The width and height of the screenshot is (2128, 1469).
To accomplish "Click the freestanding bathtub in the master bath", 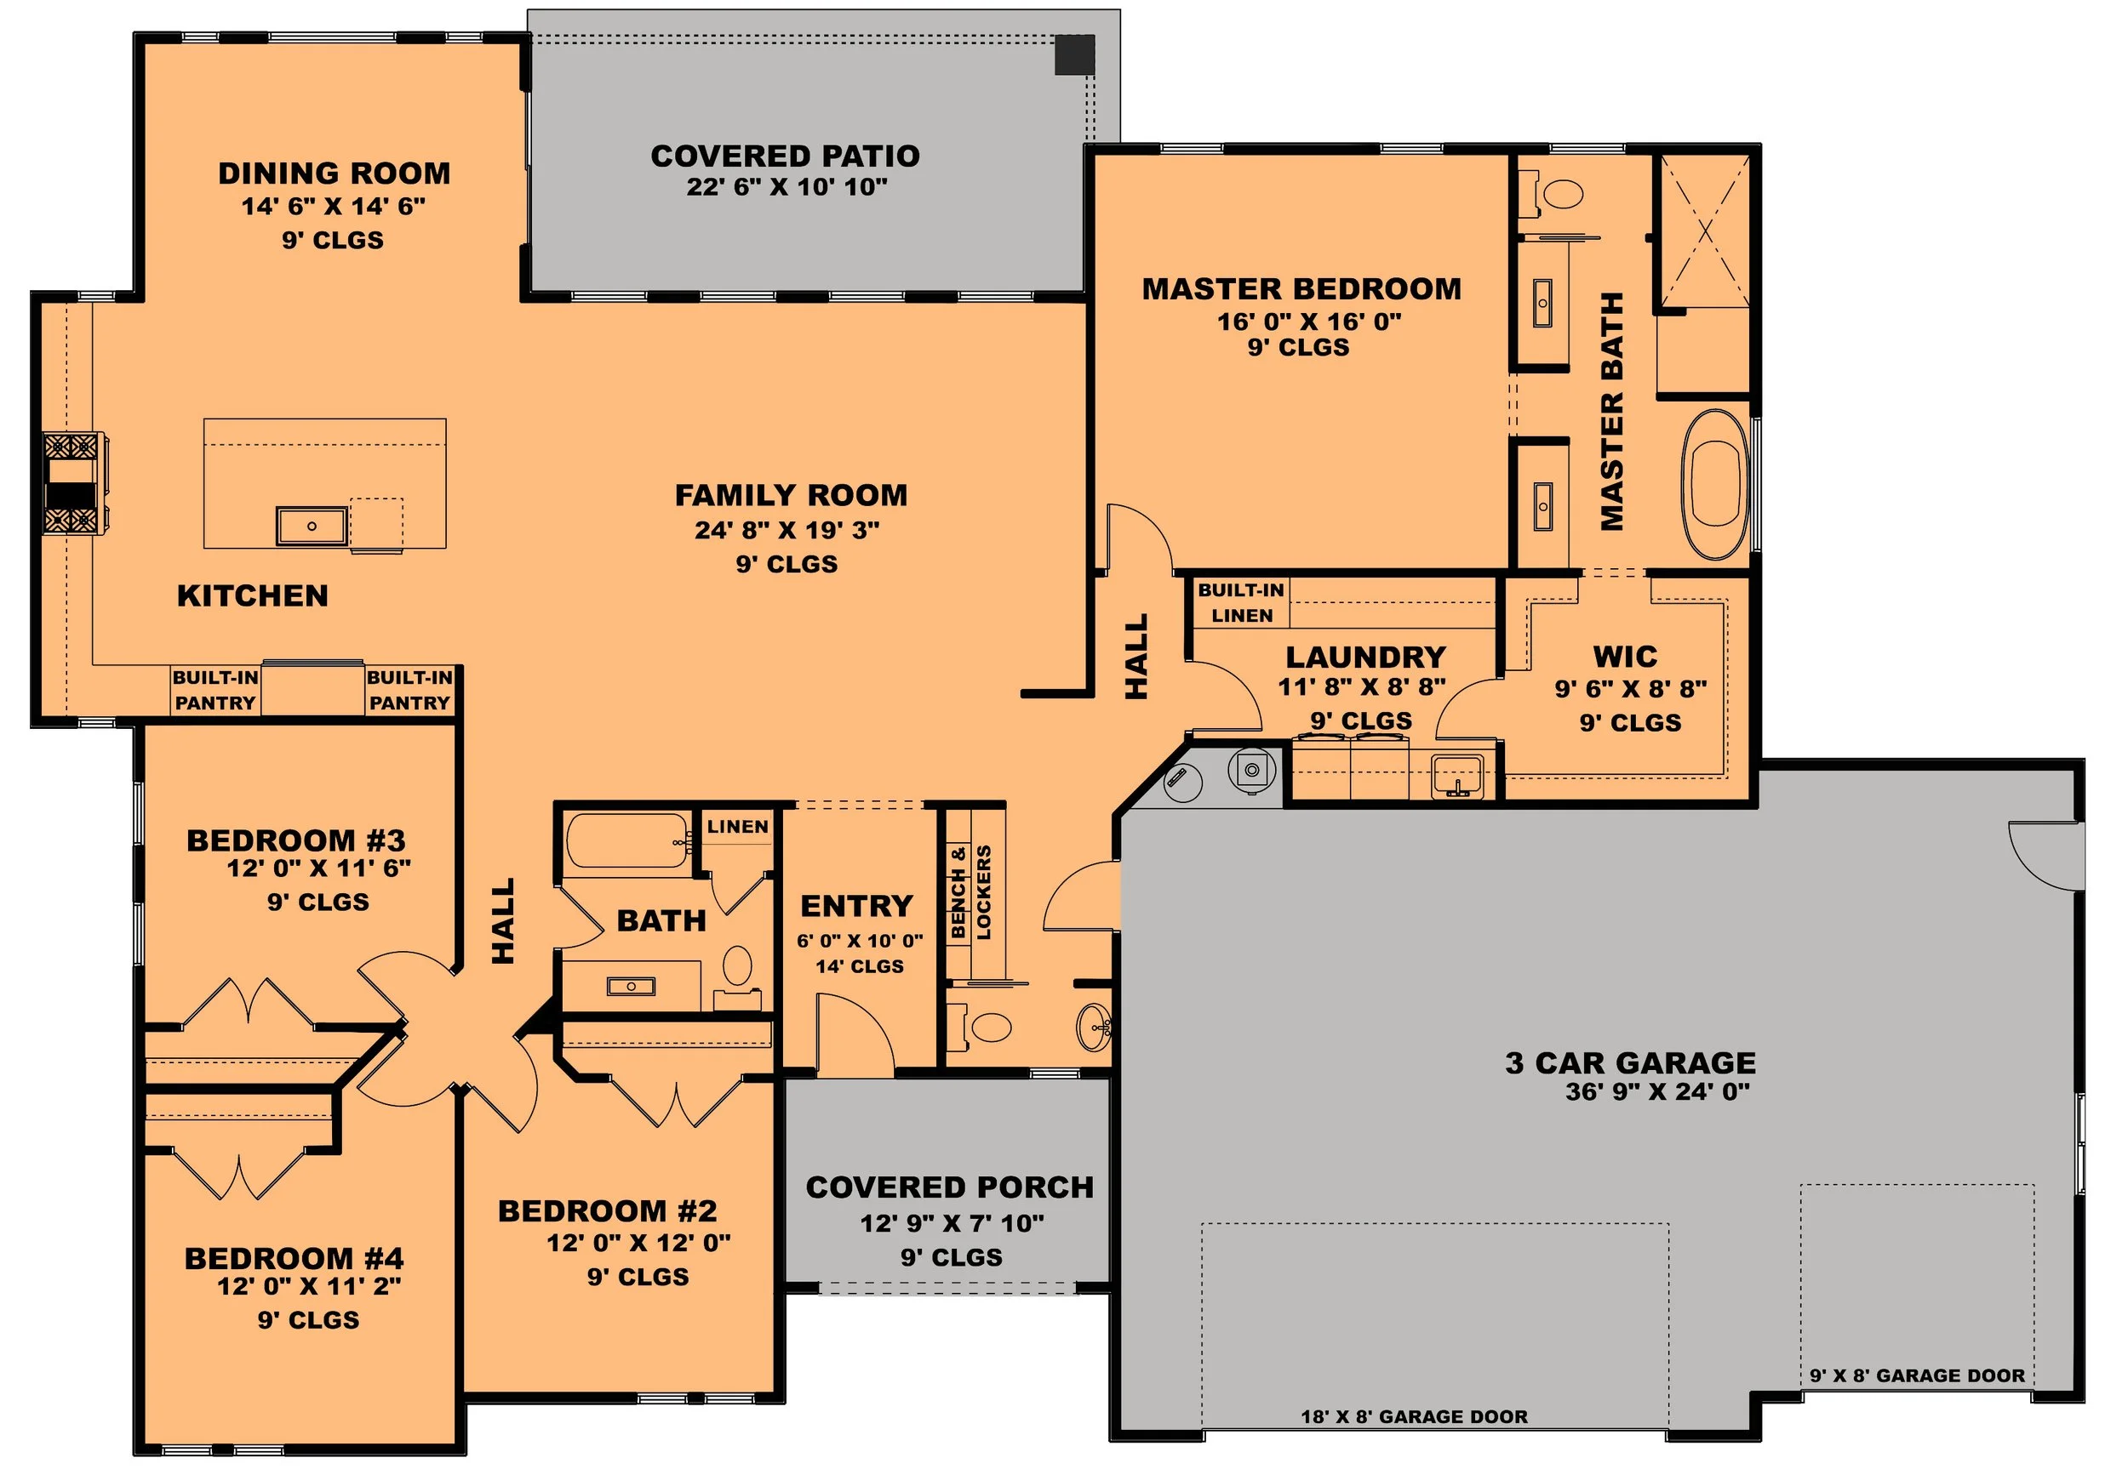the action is coord(1714,484).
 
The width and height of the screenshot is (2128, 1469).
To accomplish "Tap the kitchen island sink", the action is coord(312,526).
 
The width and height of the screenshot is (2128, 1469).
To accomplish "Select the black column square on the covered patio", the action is coord(1073,54).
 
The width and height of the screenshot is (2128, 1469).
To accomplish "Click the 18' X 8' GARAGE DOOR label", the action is coord(1414,1416).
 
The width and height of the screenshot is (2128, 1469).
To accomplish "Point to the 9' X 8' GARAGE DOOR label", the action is coord(1917,1375).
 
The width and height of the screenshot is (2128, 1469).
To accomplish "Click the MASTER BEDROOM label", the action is coord(1301,289).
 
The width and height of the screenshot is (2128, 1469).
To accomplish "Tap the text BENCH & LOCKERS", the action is coord(971,892).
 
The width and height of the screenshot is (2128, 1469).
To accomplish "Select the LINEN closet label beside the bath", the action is coord(738,827).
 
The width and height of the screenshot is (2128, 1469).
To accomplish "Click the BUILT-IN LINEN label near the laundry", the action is coord(1240,603).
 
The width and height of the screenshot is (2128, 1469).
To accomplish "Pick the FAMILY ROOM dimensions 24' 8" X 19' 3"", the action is coord(787,530).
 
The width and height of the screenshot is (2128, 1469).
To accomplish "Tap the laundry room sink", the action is coord(1456,775).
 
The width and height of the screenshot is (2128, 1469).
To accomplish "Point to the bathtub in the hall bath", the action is coord(626,840).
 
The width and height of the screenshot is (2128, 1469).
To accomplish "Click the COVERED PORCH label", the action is coord(949,1187).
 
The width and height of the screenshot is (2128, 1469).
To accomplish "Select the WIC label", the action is coord(1624,657).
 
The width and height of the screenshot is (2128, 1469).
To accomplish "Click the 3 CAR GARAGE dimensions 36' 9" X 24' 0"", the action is coord(1657,1091).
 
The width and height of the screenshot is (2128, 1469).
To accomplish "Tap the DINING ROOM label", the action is coord(335,173).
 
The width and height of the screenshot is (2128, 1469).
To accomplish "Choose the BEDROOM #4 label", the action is coord(294,1257).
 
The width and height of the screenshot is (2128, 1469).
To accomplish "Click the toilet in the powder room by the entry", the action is coord(981,1027).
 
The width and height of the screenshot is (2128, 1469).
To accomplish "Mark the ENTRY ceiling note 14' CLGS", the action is coord(859,966).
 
